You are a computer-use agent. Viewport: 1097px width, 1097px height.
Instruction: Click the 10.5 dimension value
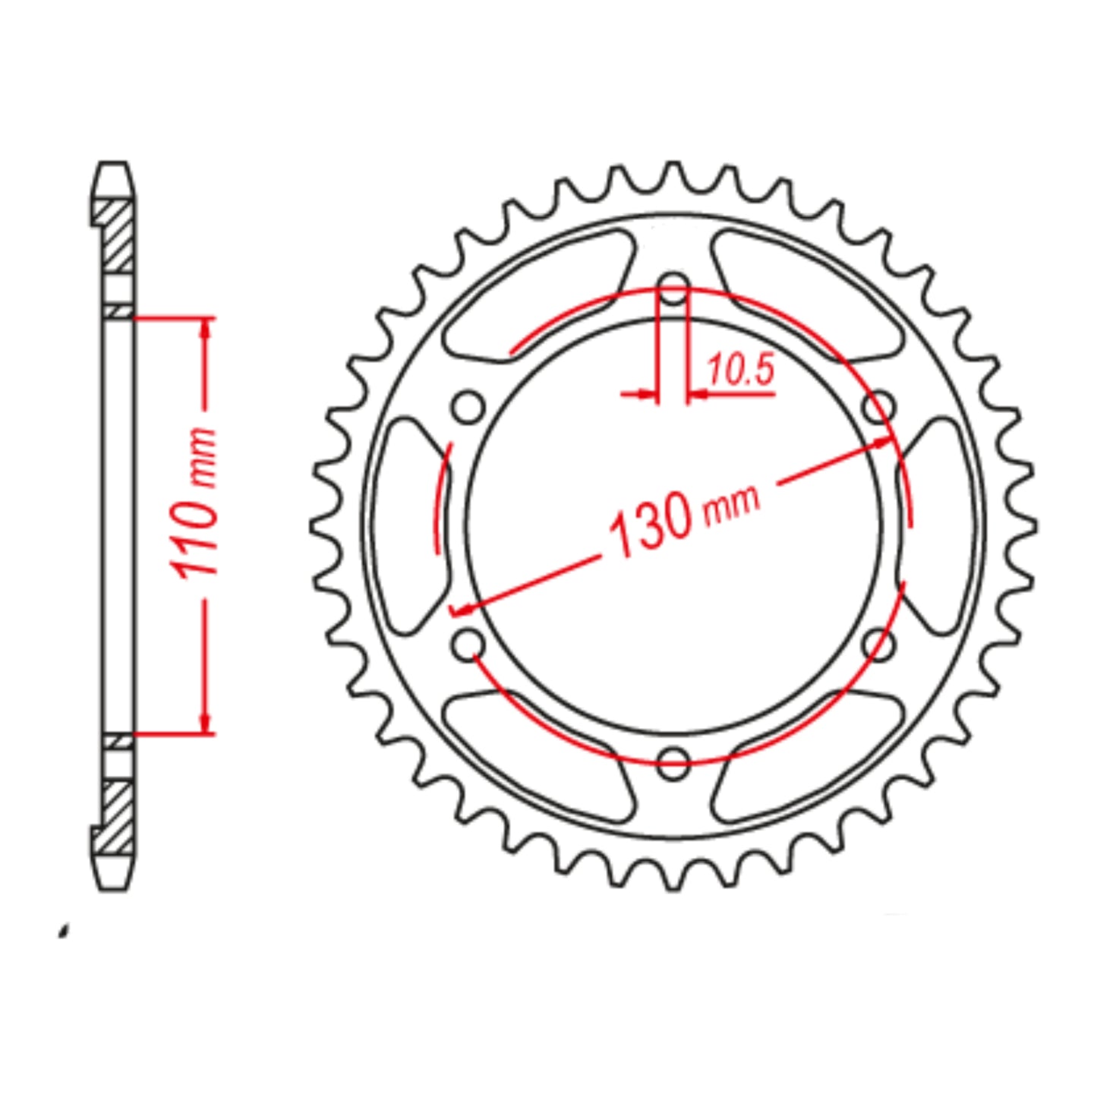[x=740, y=370]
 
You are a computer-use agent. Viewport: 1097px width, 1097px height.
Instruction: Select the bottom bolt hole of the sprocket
[x=673, y=763]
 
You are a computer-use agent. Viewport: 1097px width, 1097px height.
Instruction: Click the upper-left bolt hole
[x=468, y=408]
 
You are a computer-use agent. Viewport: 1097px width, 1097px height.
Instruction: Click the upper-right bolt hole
[x=880, y=408]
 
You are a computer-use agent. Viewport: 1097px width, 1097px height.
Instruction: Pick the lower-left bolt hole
[x=468, y=645]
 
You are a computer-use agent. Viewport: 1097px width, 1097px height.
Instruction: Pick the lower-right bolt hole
[x=880, y=645]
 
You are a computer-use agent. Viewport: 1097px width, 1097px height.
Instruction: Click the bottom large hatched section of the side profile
[x=117, y=817]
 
